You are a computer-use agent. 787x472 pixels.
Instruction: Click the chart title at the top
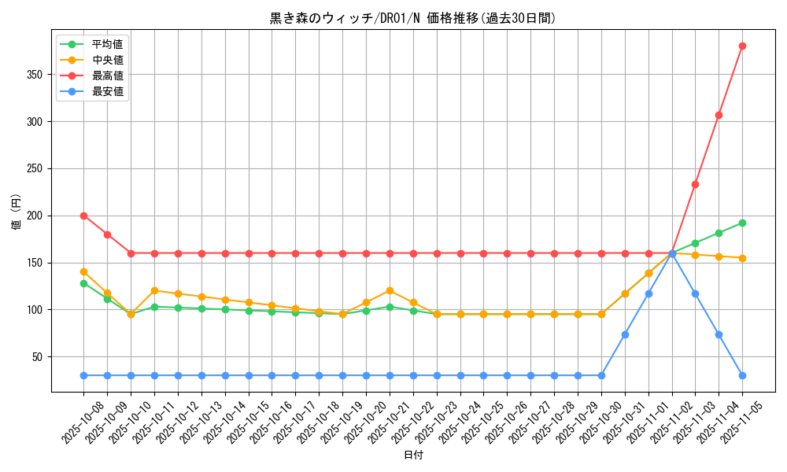pyautogui.click(x=412, y=18)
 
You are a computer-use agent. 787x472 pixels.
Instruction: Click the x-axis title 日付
pyautogui.click(x=413, y=455)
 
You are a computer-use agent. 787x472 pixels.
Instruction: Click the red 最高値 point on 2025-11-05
pyautogui.click(x=742, y=46)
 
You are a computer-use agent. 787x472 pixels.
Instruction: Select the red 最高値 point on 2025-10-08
pyautogui.click(x=83, y=216)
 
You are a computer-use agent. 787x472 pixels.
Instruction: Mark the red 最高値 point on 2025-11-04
pyautogui.click(x=719, y=115)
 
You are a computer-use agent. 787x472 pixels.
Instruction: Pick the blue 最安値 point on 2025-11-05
pyautogui.click(x=742, y=375)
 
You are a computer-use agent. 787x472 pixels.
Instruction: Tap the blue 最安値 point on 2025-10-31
pyautogui.click(x=625, y=334)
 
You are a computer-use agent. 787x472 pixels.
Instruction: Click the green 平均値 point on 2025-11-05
pyautogui.click(x=742, y=223)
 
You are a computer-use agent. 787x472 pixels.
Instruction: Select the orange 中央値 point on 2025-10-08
pyautogui.click(x=83, y=271)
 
